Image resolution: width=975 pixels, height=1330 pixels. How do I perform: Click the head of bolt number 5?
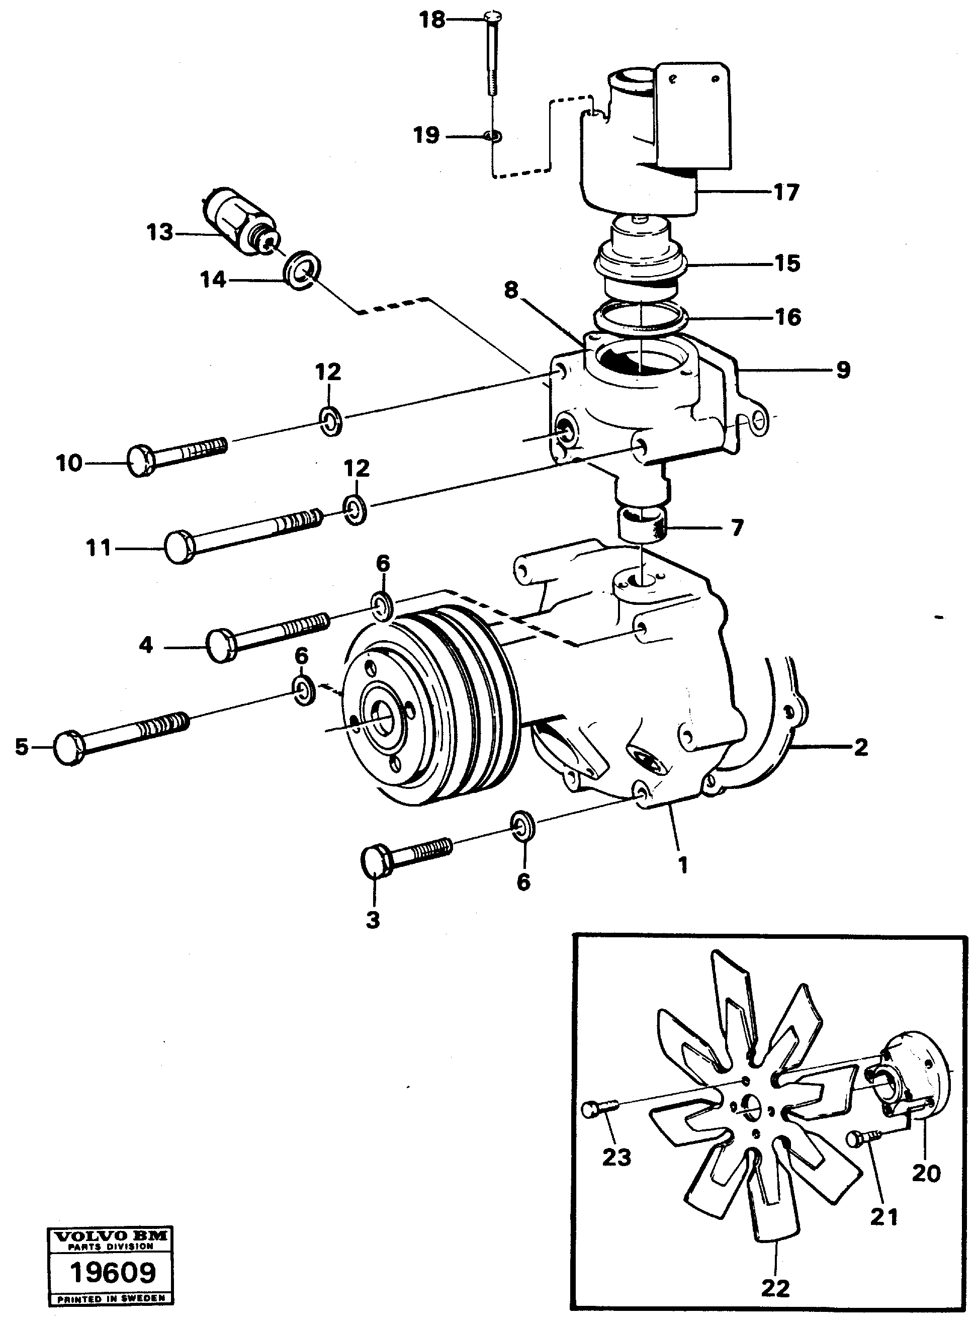[x=69, y=748]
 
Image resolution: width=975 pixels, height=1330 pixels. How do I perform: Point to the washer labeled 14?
[x=303, y=269]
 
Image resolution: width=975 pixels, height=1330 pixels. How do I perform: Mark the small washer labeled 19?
[x=492, y=137]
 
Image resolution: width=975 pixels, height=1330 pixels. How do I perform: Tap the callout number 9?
[x=843, y=370]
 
